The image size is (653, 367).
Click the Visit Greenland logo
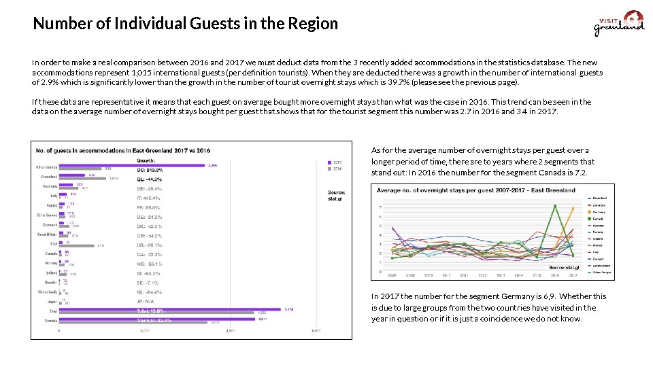click(619, 24)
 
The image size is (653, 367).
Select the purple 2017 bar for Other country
click(132, 164)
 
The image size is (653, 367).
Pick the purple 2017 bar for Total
click(170, 311)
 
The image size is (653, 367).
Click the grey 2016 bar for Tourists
click(133, 321)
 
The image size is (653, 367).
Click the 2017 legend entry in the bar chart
click(336, 162)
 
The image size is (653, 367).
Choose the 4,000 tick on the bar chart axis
click(230, 331)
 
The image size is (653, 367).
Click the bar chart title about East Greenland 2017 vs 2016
click(122, 150)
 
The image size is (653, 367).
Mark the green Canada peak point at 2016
click(555, 207)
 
